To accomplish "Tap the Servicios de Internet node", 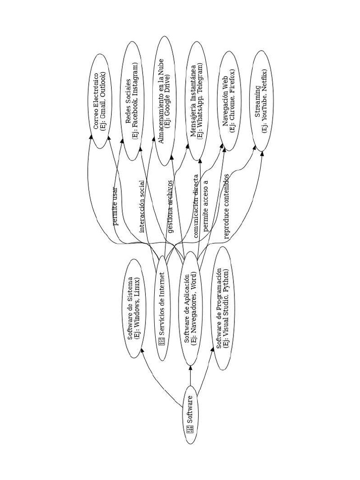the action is coord(162,308).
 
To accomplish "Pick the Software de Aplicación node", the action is coord(191,308).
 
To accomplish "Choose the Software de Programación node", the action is coord(223,308).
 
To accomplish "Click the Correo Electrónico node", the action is coord(99,101).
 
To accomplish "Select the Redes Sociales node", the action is coord(132,101).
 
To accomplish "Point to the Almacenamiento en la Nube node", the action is coord(164,101).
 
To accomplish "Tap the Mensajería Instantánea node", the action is coord(196,101).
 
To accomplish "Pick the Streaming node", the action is coord(261,101).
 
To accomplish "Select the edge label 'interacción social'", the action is coord(142,206).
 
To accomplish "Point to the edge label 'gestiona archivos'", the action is coord(170,206).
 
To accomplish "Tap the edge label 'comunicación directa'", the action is coord(196,206).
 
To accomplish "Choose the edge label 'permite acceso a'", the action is coord(205,205).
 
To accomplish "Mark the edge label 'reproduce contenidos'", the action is coord(226,206).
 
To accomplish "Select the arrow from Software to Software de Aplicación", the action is coord(190,375).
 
